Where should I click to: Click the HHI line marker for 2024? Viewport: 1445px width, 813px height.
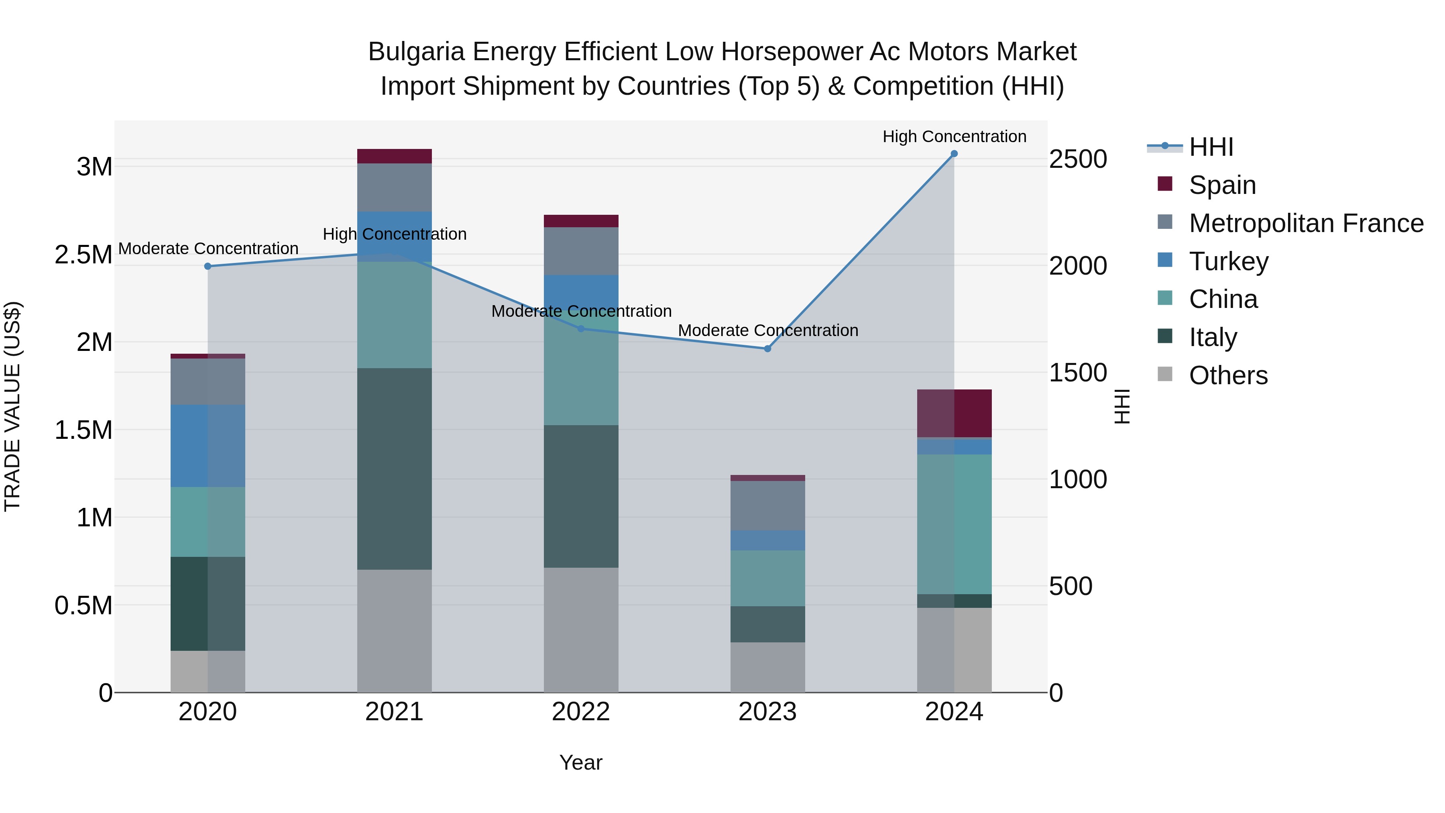(x=954, y=154)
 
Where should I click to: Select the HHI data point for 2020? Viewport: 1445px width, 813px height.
(x=208, y=267)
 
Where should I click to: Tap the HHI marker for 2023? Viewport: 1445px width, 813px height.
(x=767, y=349)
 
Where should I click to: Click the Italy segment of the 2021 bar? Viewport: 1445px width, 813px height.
(x=394, y=469)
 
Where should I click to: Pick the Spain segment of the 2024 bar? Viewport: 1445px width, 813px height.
(x=954, y=414)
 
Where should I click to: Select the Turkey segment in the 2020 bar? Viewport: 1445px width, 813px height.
(x=208, y=446)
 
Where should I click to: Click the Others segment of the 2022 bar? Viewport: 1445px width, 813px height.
(x=581, y=630)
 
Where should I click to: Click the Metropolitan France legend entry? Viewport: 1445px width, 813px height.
(x=1306, y=223)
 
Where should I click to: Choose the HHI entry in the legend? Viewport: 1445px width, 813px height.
(x=1211, y=147)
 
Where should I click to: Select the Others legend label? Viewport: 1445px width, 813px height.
(x=1228, y=375)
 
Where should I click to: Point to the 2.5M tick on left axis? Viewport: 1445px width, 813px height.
(x=83, y=255)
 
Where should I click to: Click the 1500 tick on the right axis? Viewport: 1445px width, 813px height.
(x=1078, y=373)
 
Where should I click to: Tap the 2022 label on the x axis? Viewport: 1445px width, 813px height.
(x=581, y=712)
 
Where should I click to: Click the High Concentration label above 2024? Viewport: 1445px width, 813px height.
(x=954, y=137)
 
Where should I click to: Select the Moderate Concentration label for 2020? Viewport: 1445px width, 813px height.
(x=208, y=249)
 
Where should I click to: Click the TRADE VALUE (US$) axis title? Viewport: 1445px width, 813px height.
(x=12, y=406)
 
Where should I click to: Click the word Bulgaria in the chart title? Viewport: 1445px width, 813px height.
(x=416, y=52)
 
